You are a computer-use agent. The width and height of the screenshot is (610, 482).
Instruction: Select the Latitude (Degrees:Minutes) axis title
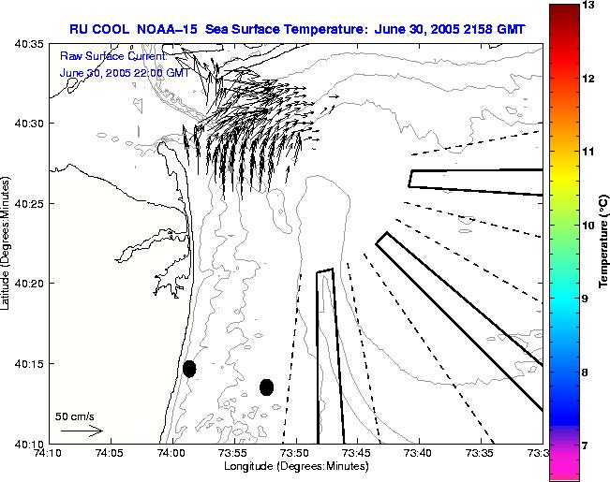pos(7,242)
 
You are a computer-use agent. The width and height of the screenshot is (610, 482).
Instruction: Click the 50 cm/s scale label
pos(74,416)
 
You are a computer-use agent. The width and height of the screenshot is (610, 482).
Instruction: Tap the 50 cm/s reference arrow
pos(82,431)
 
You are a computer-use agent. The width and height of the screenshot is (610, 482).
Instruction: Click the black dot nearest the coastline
pos(189,369)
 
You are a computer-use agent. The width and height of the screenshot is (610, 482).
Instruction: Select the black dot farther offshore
pos(266,387)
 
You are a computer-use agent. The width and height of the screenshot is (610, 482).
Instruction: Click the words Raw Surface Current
pos(100,57)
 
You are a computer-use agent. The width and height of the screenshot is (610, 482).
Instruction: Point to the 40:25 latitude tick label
pos(22,203)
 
